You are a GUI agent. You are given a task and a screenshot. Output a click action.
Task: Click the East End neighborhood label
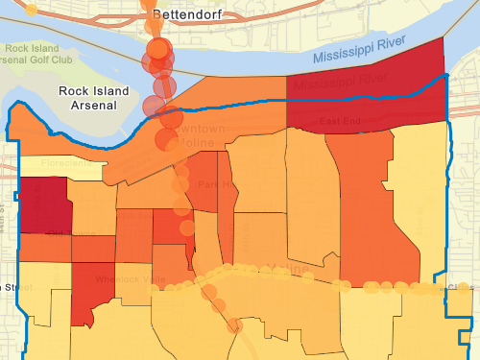click(x=342, y=122)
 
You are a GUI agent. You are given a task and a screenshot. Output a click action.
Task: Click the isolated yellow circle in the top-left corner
click(x=32, y=10)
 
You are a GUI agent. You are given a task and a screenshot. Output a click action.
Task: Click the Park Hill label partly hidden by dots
click(x=208, y=184)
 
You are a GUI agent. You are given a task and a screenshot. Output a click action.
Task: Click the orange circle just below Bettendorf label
click(x=158, y=48)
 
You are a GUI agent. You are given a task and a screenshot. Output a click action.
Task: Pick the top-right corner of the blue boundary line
click(x=448, y=76)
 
